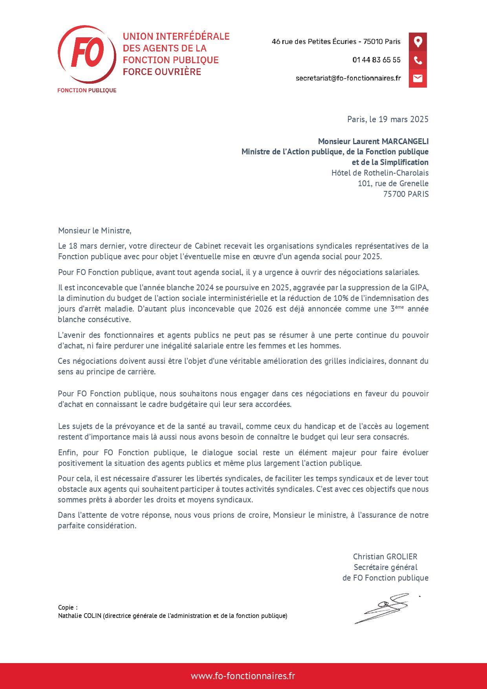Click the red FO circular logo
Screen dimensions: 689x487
(x=87, y=55)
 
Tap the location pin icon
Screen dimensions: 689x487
(x=417, y=42)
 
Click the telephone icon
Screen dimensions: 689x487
(x=417, y=60)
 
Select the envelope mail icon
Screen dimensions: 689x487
(x=417, y=78)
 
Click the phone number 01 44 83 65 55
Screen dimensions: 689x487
(x=376, y=60)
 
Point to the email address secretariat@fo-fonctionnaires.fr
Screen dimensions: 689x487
(x=348, y=78)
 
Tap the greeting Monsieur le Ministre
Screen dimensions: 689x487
(x=94, y=231)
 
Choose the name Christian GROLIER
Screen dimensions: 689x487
(x=385, y=557)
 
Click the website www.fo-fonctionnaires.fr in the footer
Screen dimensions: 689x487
(x=243, y=676)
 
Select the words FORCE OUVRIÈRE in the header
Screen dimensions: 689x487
(x=162, y=72)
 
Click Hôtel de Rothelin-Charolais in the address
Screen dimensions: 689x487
(x=380, y=173)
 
